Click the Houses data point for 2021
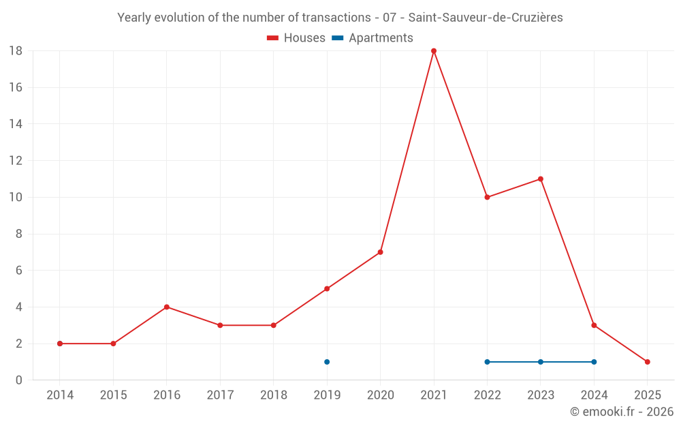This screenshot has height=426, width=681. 434,51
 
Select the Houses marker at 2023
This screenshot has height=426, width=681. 541,179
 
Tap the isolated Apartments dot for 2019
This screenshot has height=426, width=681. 327,362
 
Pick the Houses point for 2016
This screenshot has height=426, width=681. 167,307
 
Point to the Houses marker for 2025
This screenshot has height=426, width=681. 648,362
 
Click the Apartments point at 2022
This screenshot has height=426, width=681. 487,362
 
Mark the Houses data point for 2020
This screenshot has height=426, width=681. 380,252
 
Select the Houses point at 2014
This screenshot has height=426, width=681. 60,344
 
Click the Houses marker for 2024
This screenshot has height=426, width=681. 594,325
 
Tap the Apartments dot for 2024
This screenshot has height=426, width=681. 594,362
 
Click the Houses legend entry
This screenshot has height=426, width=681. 296,38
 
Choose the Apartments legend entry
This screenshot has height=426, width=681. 373,38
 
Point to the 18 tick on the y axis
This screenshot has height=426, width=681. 16,51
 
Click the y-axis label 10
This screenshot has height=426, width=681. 16,198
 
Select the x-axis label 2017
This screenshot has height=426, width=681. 220,395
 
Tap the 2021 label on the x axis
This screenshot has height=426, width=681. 434,395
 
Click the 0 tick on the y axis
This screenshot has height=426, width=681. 19,380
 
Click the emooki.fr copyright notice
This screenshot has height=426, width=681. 622,412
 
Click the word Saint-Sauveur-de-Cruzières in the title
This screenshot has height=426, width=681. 486,18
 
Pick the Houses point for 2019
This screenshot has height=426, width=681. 327,289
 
